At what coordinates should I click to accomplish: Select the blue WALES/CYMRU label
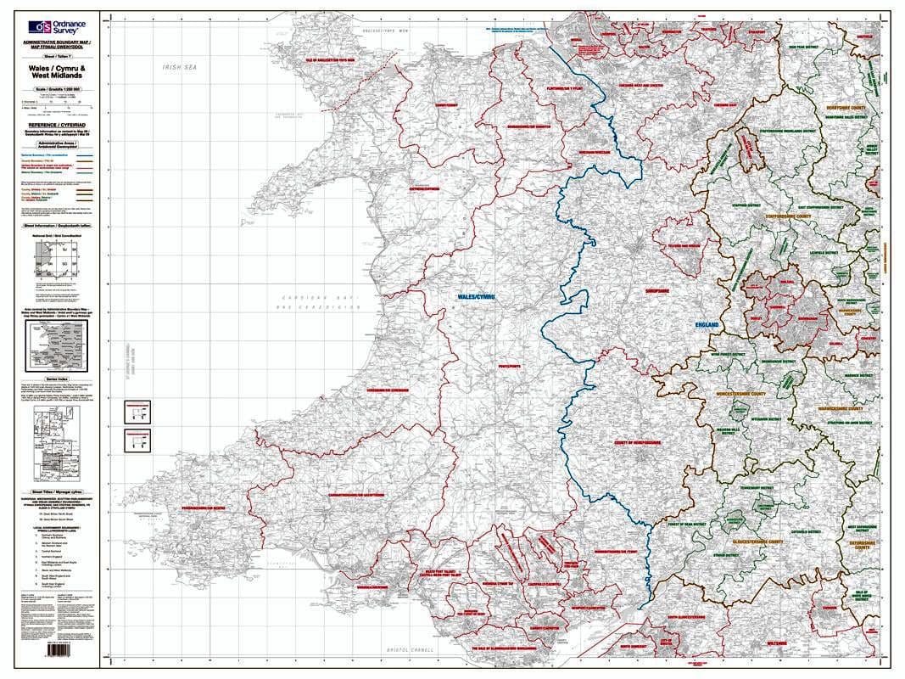(x=475, y=297)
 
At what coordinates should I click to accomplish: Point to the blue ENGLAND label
(x=707, y=325)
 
